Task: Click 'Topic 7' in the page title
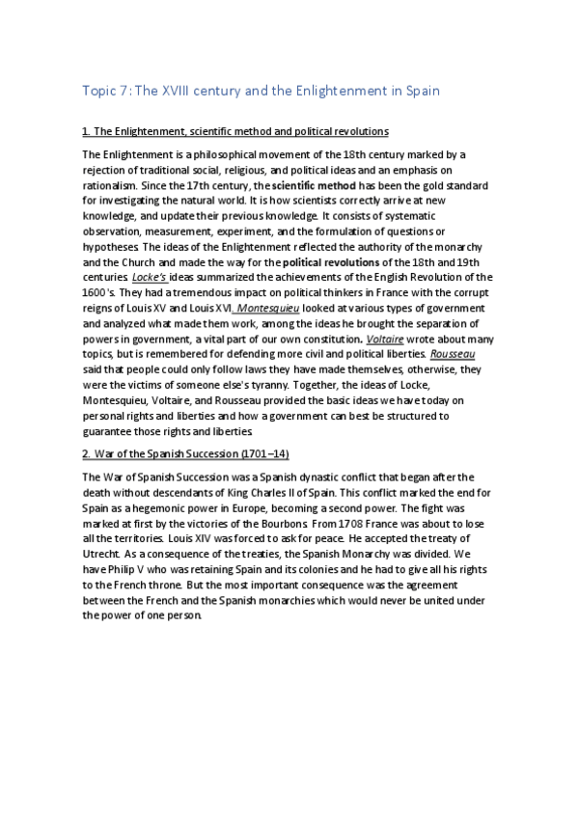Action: point(105,92)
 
